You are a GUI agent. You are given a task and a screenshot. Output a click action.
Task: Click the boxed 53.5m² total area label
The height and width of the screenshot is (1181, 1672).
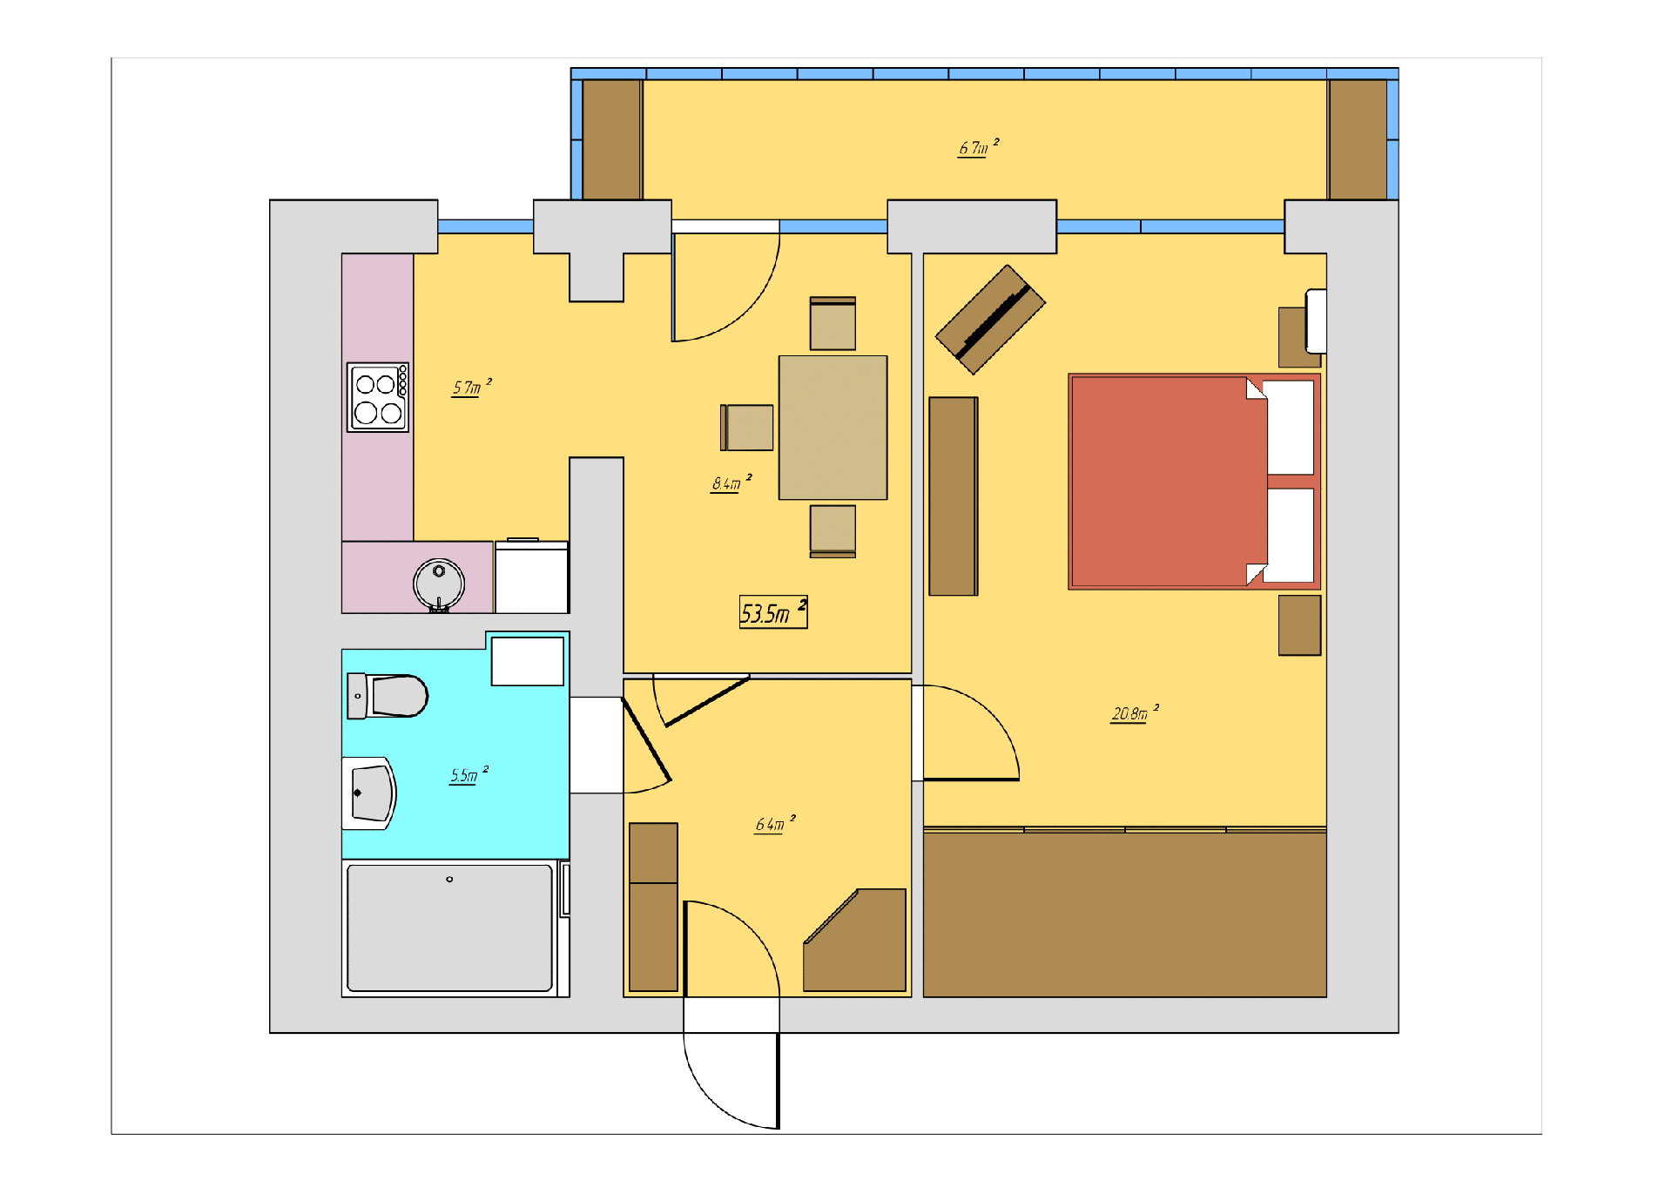(773, 612)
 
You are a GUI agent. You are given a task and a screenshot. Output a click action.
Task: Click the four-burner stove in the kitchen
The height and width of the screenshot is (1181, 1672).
(378, 397)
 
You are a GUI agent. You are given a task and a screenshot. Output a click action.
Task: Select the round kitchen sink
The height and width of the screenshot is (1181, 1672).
(439, 584)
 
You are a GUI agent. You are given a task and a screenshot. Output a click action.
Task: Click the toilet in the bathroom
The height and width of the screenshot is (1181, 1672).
(388, 696)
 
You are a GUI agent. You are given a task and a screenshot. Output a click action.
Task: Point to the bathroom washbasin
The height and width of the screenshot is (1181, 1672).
(369, 793)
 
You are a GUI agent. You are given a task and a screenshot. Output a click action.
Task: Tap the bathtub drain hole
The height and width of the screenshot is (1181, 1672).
(449, 880)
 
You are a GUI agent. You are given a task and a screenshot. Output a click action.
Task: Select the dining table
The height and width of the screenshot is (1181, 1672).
(833, 428)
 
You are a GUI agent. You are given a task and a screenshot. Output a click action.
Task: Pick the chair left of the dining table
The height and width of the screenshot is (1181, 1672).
(747, 428)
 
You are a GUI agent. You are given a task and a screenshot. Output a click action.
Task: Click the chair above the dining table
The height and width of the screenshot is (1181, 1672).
(833, 323)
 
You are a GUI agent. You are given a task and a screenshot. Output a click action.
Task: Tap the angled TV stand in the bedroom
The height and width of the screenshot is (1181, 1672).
(990, 320)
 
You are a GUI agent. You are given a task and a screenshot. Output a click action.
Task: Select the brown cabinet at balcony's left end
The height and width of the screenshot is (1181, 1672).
(611, 139)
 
